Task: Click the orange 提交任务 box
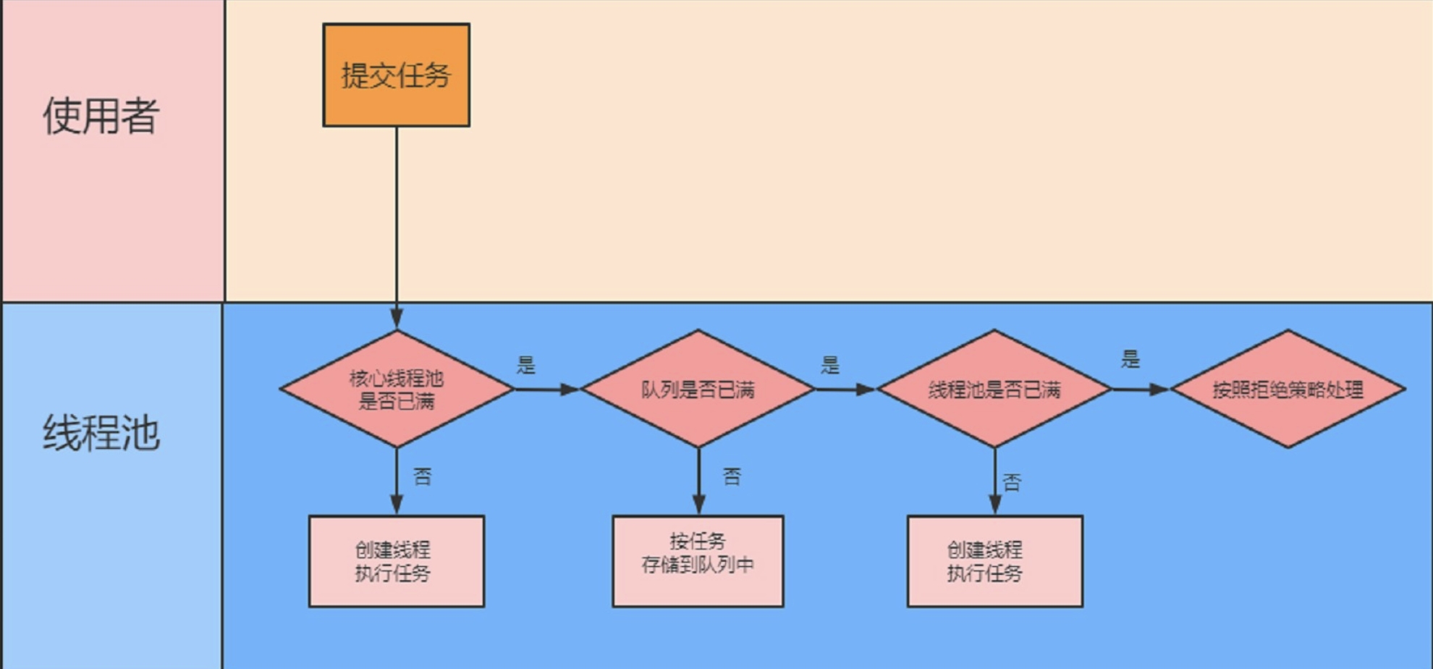[396, 75]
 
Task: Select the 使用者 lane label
[101, 116]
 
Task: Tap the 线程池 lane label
[101, 433]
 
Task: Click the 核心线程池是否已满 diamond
[396, 389]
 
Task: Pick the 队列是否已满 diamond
[698, 389]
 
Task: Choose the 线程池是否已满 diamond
[994, 389]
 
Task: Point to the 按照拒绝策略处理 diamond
[1288, 389]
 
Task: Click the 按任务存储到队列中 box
[698, 561]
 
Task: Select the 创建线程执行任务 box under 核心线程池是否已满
[396, 561]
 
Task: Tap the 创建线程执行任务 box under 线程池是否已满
[994, 561]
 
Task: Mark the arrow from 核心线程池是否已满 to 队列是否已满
[546, 390]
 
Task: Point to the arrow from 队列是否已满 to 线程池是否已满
[845, 390]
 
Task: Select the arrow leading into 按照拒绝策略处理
[1141, 390]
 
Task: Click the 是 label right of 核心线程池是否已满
[526, 365]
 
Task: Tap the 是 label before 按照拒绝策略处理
[1130, 359]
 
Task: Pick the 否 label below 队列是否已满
[732, 476]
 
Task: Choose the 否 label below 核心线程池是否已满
[422, 476]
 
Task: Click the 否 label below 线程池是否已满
[1012, 482]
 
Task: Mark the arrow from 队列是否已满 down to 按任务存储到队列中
[698, 481]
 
